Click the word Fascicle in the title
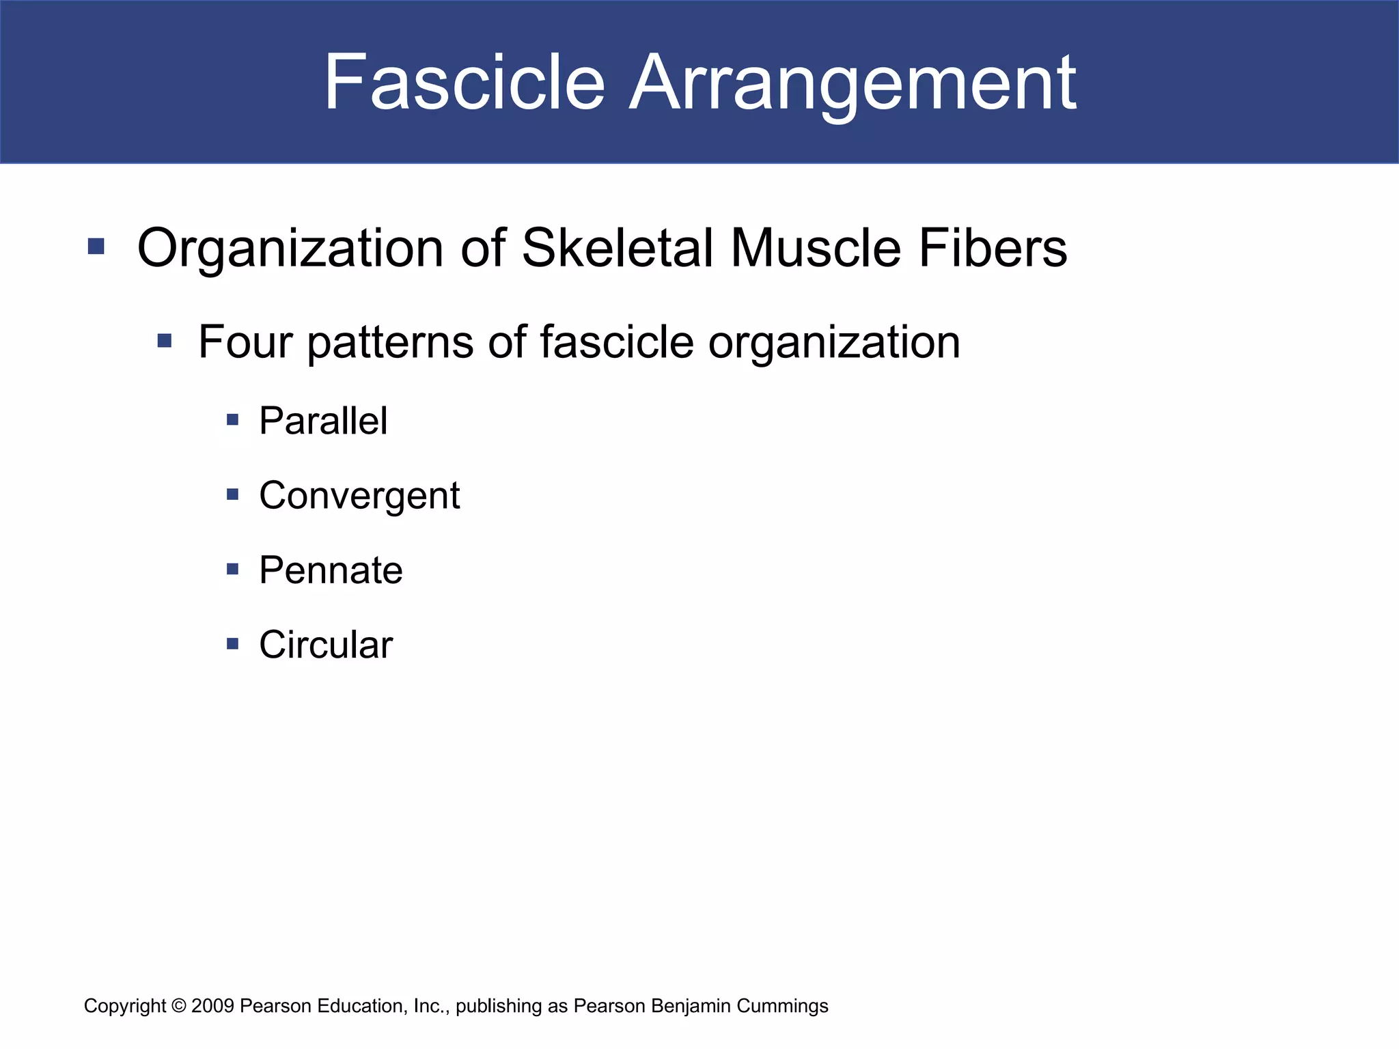click(x=464, y=83)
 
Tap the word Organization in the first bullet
click(x=290, y=248)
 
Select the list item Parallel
click(x=323, y=421)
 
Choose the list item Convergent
click(x=359, y=495)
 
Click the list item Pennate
click(x=331, y=570)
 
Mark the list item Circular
click(x=326, y=645)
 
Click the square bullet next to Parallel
click(x=233, y=420)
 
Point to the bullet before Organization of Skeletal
click(x=96, y=247)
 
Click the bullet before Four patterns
click(x=164, y=340)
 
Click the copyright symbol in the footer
click(x=179, y=1006)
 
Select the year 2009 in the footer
click(x=213, y=1006)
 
